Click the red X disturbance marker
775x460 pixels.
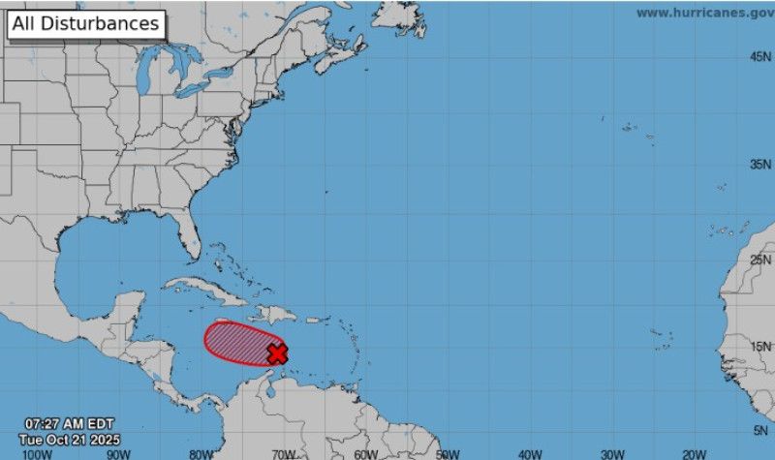[277, 353]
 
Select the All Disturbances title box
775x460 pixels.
[86, 24]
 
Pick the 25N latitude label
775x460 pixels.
[760, 259]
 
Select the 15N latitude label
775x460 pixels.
[760, 347]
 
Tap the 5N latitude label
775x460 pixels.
[762, 429]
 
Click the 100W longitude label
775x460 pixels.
[37, 453]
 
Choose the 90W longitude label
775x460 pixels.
[118, 453]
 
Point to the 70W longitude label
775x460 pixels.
[283, 453]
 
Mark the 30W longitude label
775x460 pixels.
[611, 453]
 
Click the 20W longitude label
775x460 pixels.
[694, 453]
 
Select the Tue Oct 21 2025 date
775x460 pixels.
[63, 438]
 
